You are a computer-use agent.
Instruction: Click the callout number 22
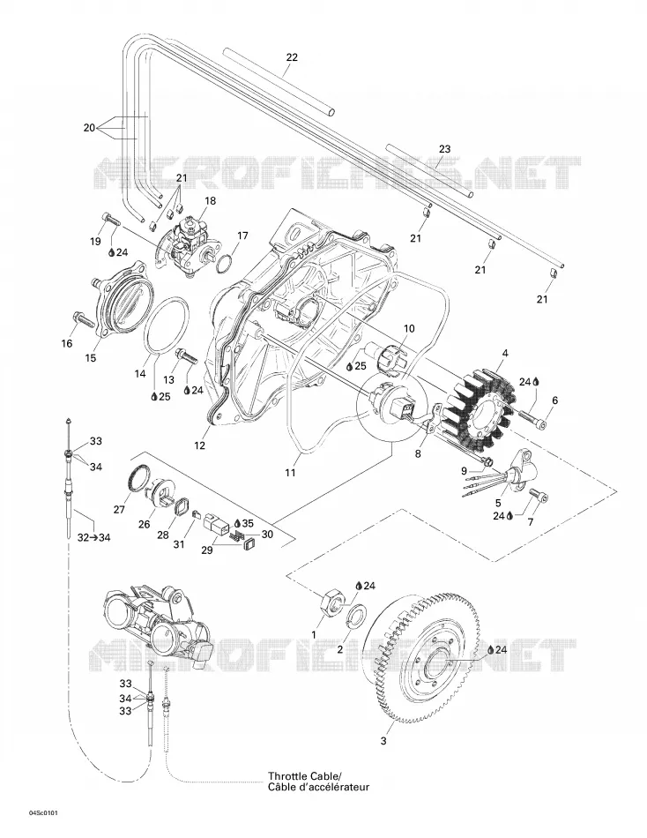pyautogui.click(x=292, y=57)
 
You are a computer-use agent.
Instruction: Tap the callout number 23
pyautogui.click(x=444, y=148)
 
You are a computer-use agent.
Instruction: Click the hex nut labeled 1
pyautogui.click(x=331, y=602)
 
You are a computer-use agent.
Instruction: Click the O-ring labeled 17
pyautogui.click(x=226, y=263)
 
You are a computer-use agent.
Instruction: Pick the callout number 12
pyautogui.click(x=200, y=445)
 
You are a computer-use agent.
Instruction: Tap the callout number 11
pyautogui.click(x=290, y=473)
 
